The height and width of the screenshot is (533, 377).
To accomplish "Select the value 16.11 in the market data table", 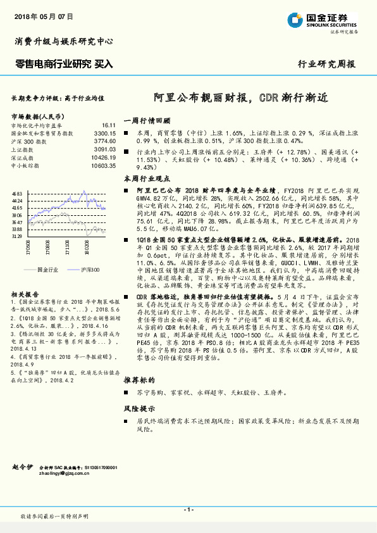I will (x=108, y=126).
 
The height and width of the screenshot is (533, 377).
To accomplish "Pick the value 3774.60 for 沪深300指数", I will (x=105, y=141).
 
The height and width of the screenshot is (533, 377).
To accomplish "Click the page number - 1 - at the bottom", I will (x=188, y=510).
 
